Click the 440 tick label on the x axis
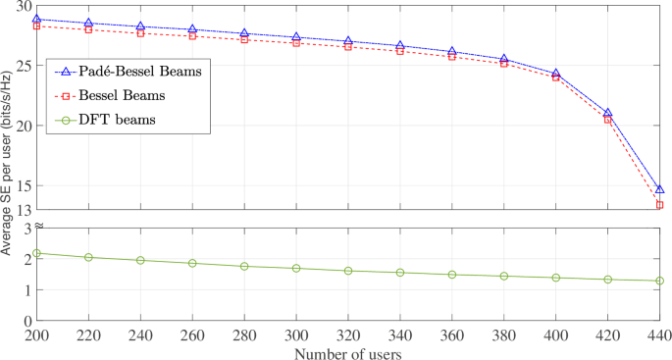[x=660, y=334]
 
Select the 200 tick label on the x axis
[x=36, y=334]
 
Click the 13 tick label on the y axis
[x=22, y=210]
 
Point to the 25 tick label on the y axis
[x=22, y=66]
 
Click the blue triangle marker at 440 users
[x=660, y=189]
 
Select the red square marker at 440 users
[x=660, y=205]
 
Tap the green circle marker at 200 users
[x=36, y=253]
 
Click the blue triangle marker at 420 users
[x=608, y=114]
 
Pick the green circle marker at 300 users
[x=296, y=268]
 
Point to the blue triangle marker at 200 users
[x=36, y=19]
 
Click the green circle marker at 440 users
[x=660, y=281]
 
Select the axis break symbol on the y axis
[x=36, y=227]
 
